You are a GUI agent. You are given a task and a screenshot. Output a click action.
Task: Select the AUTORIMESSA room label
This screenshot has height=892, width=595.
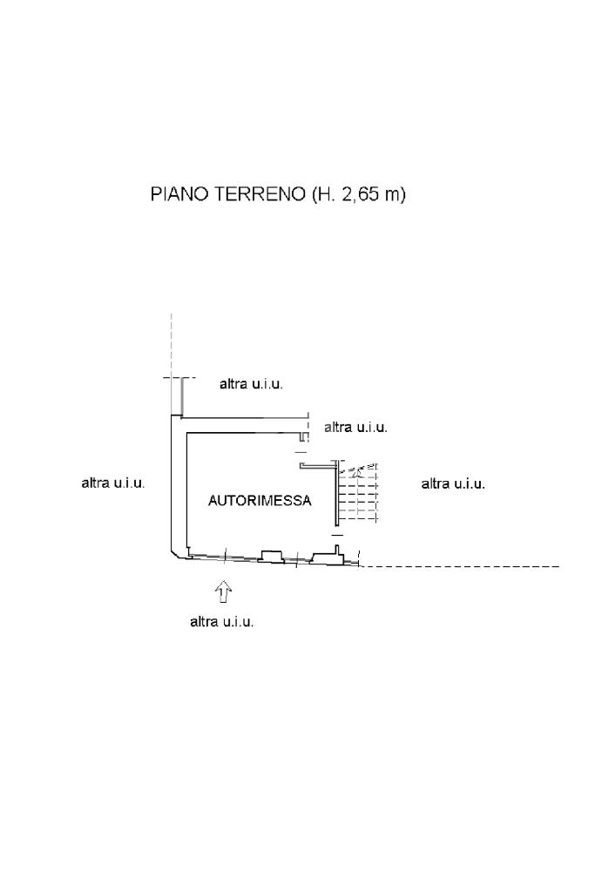260,501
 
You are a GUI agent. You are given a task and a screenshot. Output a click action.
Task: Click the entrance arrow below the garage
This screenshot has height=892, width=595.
224,591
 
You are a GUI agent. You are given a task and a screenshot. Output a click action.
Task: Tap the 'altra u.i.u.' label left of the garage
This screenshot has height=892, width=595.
113,483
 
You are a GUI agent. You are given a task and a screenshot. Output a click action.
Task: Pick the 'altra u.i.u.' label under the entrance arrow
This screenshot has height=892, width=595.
222,622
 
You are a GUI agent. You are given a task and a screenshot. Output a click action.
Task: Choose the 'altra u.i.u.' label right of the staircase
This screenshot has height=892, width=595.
453,484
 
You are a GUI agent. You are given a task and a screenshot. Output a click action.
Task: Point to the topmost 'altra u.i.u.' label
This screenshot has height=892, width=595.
252,384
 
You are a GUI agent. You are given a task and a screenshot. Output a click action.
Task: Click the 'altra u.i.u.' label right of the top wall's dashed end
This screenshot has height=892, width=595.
356,427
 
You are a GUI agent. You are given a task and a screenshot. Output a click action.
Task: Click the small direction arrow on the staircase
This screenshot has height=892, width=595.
357,471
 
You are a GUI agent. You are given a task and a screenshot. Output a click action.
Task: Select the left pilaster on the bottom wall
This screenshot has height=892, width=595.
271,556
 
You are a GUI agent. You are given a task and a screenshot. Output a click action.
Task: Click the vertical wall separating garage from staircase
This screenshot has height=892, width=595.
336,494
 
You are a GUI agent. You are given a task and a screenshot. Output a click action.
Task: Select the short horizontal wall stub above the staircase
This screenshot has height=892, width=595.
318,466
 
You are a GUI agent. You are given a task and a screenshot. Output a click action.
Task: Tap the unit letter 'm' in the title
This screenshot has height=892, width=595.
392,196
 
